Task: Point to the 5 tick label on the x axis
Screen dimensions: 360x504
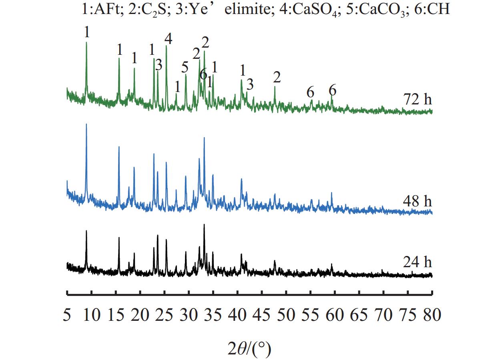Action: pyautogui.click(x=67, y=315)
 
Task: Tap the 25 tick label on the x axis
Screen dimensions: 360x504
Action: pyautogui.click(x=164, y=315)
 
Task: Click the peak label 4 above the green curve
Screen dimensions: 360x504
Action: pyautogui.click(x=168, y=39)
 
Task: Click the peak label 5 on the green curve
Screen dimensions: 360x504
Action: pyautogui.click(x=185, y=67)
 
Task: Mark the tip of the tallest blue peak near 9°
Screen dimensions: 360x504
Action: pyautogui.click(x=86, y=124)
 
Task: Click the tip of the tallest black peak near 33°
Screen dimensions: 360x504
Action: pyautogui.click(x=204, y=224)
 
